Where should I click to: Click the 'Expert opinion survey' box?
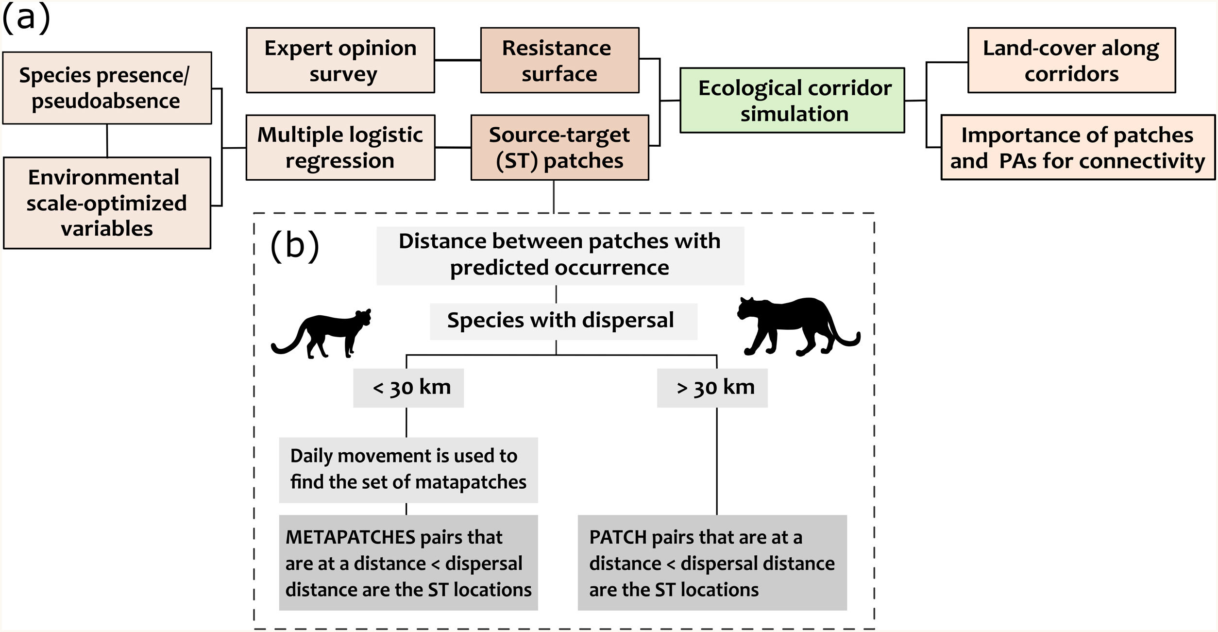(340, 60)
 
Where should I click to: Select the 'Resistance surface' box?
(559, 60)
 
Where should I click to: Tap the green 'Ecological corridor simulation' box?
(792, 100)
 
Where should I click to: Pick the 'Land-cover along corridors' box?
(1071, 60)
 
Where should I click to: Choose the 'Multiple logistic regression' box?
(340, 147)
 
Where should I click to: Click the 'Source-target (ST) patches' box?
(559, 147)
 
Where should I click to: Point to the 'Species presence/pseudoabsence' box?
(107, 88)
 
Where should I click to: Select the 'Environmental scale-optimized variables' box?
(107, 203)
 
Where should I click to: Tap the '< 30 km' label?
(408, 388)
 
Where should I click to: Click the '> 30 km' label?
(712, 388)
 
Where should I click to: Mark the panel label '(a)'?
(26, 18)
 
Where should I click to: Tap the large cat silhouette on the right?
(796, 325)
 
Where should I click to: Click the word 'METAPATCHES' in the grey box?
(350, 537)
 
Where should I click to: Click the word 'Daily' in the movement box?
(311, 456)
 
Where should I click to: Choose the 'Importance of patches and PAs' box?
(1078, 147)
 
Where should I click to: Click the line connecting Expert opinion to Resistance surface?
(457, 60)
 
